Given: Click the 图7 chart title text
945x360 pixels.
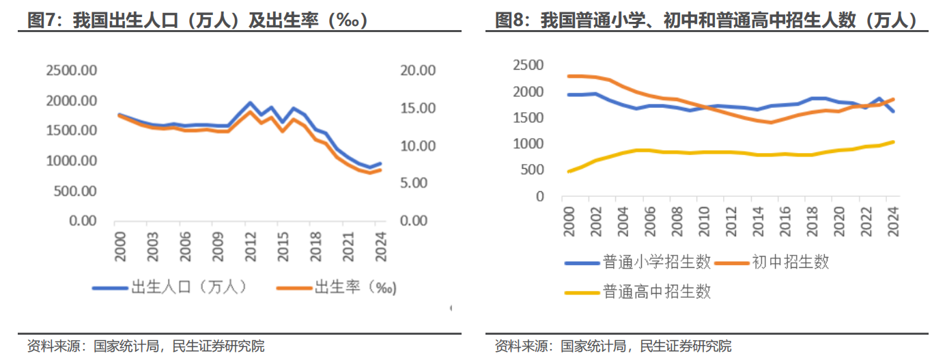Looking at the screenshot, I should tap(198, 20).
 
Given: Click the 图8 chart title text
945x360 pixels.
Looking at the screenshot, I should tap(706, 20).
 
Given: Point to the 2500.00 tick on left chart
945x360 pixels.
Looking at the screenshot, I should tap(72, 70).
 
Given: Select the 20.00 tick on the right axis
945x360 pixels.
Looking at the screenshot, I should tap(417, 70).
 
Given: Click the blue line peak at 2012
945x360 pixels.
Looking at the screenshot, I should tap(250, 103).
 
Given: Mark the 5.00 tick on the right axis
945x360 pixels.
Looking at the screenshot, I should tap(420, 183).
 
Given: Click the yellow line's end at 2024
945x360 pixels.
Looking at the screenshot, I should tap(893, 142).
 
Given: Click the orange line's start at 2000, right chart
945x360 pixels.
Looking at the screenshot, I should tap(569, 77).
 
